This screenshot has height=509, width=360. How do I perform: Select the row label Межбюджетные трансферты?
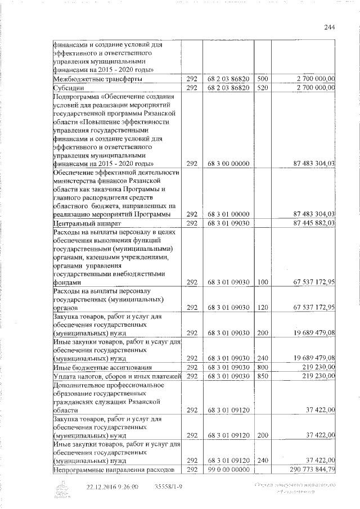[93, 79]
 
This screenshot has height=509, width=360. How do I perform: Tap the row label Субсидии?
[69, 88]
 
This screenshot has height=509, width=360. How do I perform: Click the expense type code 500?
[262, 79]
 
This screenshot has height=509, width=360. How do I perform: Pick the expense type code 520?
[262, 88]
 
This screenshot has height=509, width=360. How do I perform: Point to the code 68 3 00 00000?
[225, 164]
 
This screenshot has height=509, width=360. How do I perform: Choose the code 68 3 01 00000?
[225, 214]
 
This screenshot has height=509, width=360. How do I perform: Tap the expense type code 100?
[262, 282]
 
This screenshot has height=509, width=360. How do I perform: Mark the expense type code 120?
[262, 307]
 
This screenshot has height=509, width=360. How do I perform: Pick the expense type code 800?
[262, 367]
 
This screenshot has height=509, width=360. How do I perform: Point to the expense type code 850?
[262, 376]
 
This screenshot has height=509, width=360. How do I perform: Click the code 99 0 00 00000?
[225, 469]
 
